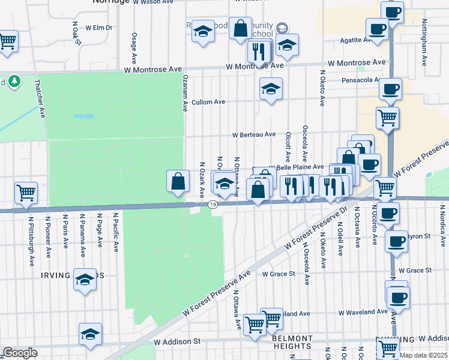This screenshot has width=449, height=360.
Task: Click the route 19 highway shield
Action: pyautogui.click(x=213, y=205)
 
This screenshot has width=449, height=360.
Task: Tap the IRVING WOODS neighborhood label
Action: pyautogui.click(x=72, y=275)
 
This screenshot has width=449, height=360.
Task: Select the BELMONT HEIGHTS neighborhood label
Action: pyautogui.click(x=292, y=342)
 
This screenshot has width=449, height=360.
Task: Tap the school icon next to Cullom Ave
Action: pyautogui.click(x=271, y=89)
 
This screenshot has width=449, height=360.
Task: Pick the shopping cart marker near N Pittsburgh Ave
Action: pyautogui.click(x=26, y=193)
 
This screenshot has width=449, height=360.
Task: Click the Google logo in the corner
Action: pyautogui.click(x=20, y=352)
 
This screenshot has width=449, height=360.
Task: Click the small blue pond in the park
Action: pyautogui.click(x=83, y=116)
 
